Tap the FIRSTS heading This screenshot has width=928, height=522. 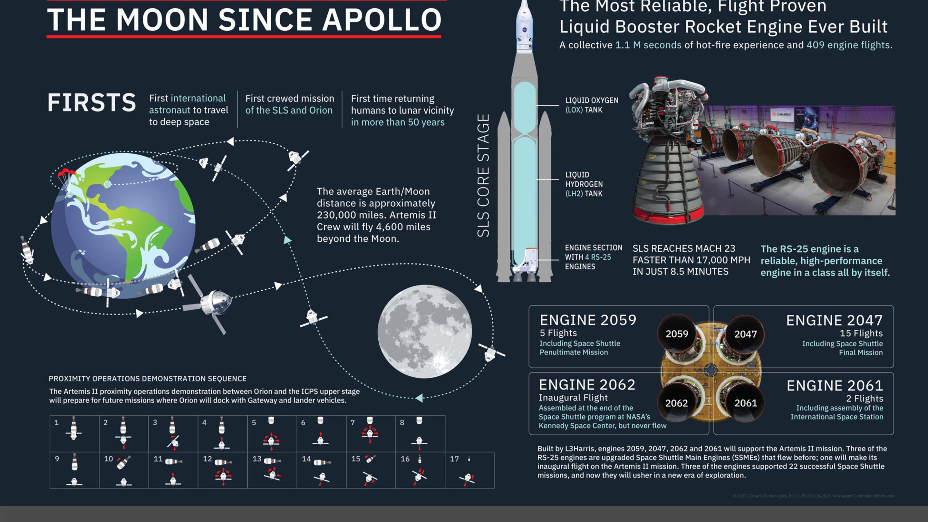coord(92,103)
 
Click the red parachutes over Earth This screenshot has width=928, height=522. coord(66,173)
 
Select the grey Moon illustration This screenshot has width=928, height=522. coord(424,332)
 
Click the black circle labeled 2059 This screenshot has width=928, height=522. coord(677,334)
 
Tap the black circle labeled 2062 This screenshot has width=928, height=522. coord(676,403)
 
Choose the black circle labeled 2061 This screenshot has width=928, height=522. coord(745,403)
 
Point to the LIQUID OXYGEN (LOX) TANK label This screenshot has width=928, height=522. coord(591,105)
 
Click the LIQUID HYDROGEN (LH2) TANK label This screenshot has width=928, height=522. coord(584,184)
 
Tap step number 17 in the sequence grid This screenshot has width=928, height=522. coord(454,459)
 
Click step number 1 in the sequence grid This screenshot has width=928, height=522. coord(57,422)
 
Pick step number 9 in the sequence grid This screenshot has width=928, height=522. coord(57,459)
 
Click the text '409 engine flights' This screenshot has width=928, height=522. coord(848,45)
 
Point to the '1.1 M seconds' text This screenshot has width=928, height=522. coord(648,45)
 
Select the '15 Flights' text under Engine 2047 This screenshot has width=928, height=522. coord(861,333)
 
